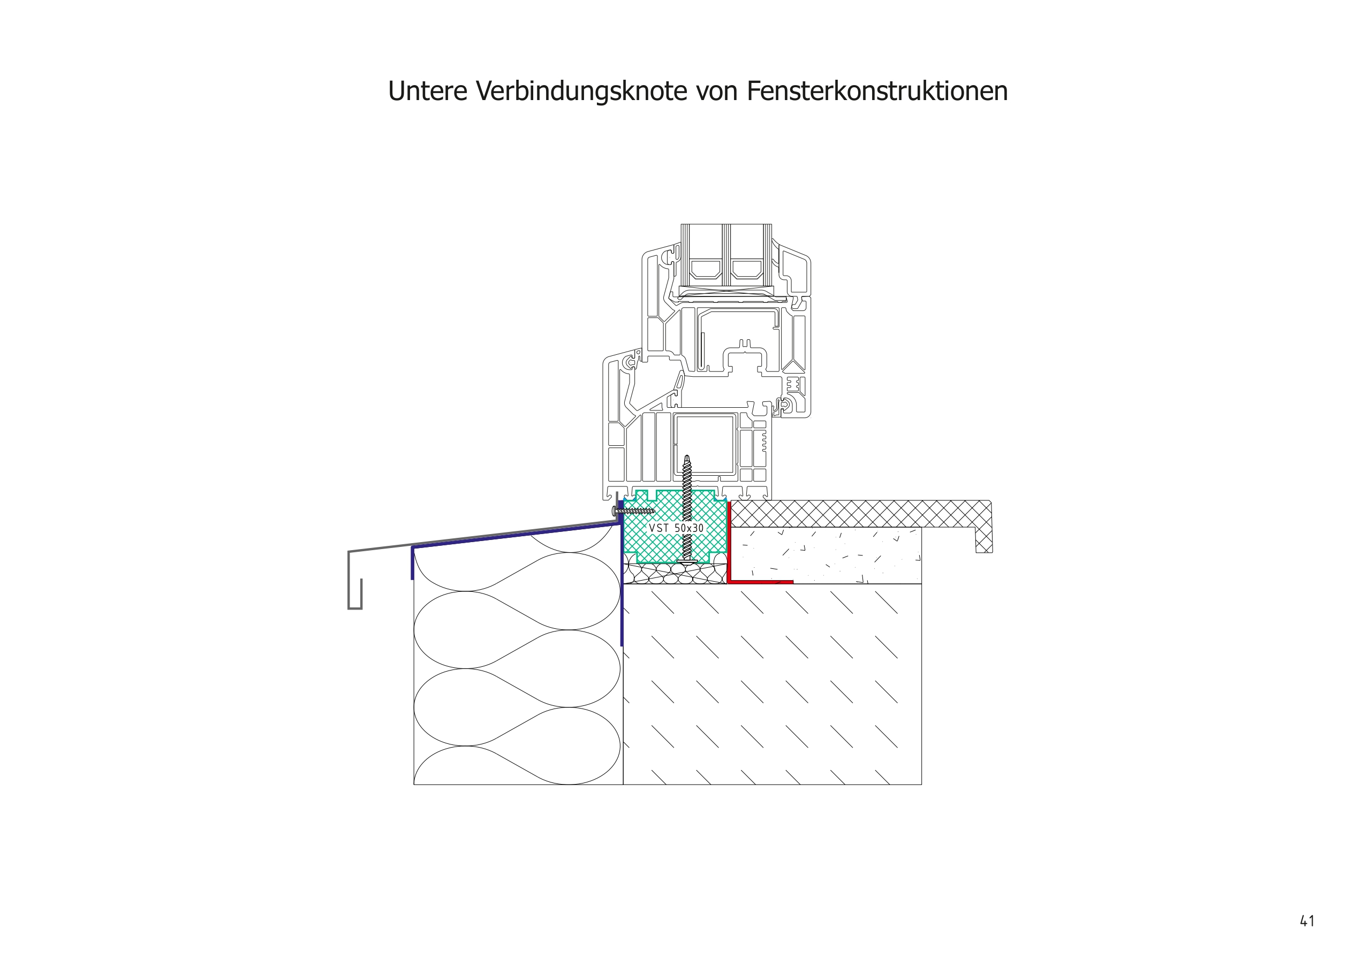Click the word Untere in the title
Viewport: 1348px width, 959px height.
[x=427, y=92]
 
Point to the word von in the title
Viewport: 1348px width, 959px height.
[x=720, y=92]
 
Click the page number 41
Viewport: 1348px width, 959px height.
[x=1307, y=920]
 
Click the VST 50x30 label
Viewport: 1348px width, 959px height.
[x=676, y=528]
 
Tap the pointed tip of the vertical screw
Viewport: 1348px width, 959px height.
[x=686, y=458]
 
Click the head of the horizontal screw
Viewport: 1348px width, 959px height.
[x=615, y=510]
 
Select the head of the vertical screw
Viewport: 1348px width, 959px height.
[x=686, y=560]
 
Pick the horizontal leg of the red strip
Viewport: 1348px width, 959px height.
[x=762, y=582]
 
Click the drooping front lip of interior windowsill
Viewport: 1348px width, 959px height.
[x=983, y=541]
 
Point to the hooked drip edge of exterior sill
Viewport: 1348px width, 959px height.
[x=354, y=596]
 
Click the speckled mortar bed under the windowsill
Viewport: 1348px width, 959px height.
[x=827, y=555]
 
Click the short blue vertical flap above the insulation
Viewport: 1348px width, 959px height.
[x=412, y=564]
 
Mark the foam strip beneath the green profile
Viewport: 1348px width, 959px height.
[x=675, y=573]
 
